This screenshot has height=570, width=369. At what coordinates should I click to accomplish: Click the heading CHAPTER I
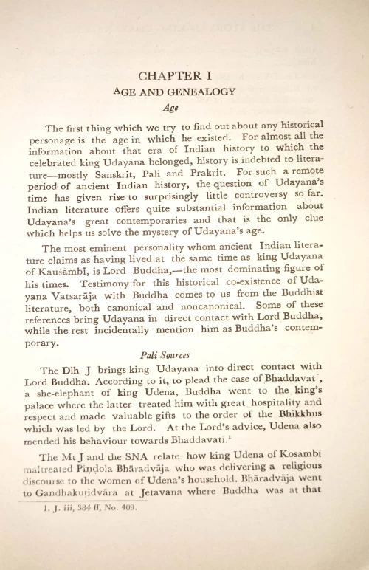(x=184, y=75)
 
